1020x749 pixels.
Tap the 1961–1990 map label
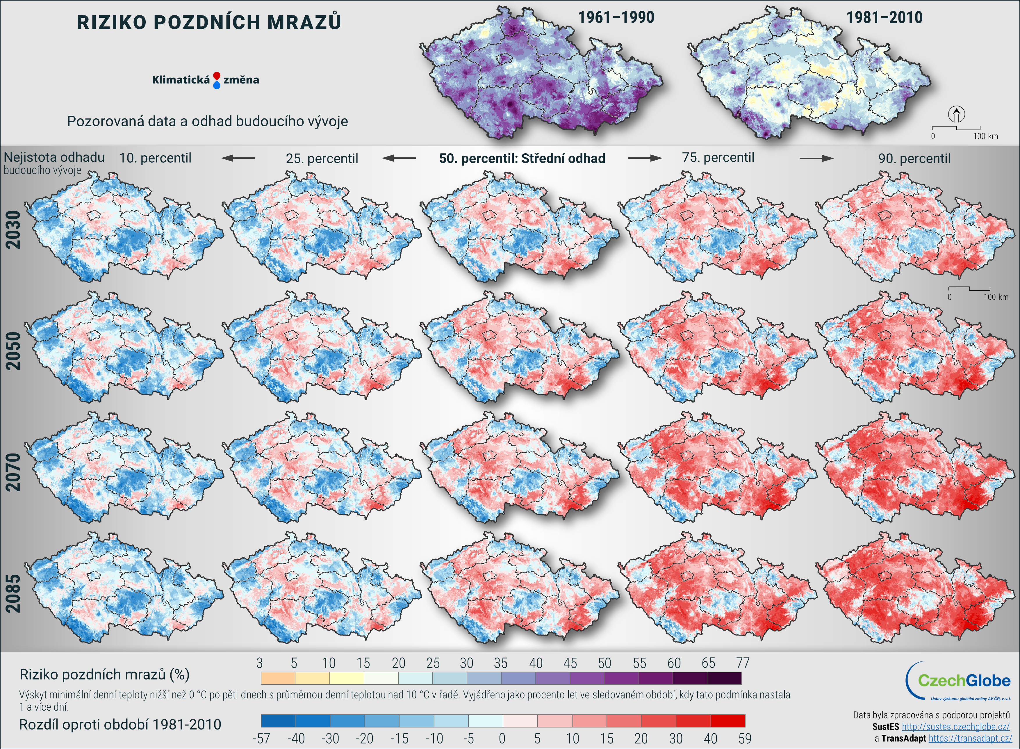coord(616,18)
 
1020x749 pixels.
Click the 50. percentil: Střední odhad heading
coord(522,158)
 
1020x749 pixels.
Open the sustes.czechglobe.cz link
coord(955,727)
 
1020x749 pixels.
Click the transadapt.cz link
coord(970,739)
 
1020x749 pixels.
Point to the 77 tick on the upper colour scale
coord(742,663)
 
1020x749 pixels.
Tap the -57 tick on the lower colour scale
coord(261,739)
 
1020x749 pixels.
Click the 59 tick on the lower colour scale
coord(744,739)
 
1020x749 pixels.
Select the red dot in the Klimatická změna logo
coord(217,76)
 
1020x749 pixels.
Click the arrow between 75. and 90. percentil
coord(816,158)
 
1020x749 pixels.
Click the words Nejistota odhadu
coord(54,157)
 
